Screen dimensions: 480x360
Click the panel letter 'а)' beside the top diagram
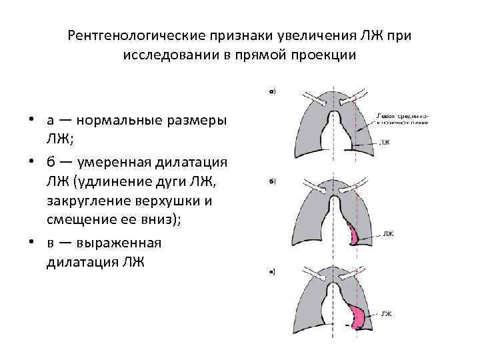[273, 92]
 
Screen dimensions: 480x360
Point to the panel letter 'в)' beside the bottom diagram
[273, 271]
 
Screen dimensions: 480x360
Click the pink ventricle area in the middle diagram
[353, 235]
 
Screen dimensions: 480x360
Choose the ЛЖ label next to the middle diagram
[389, 234]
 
